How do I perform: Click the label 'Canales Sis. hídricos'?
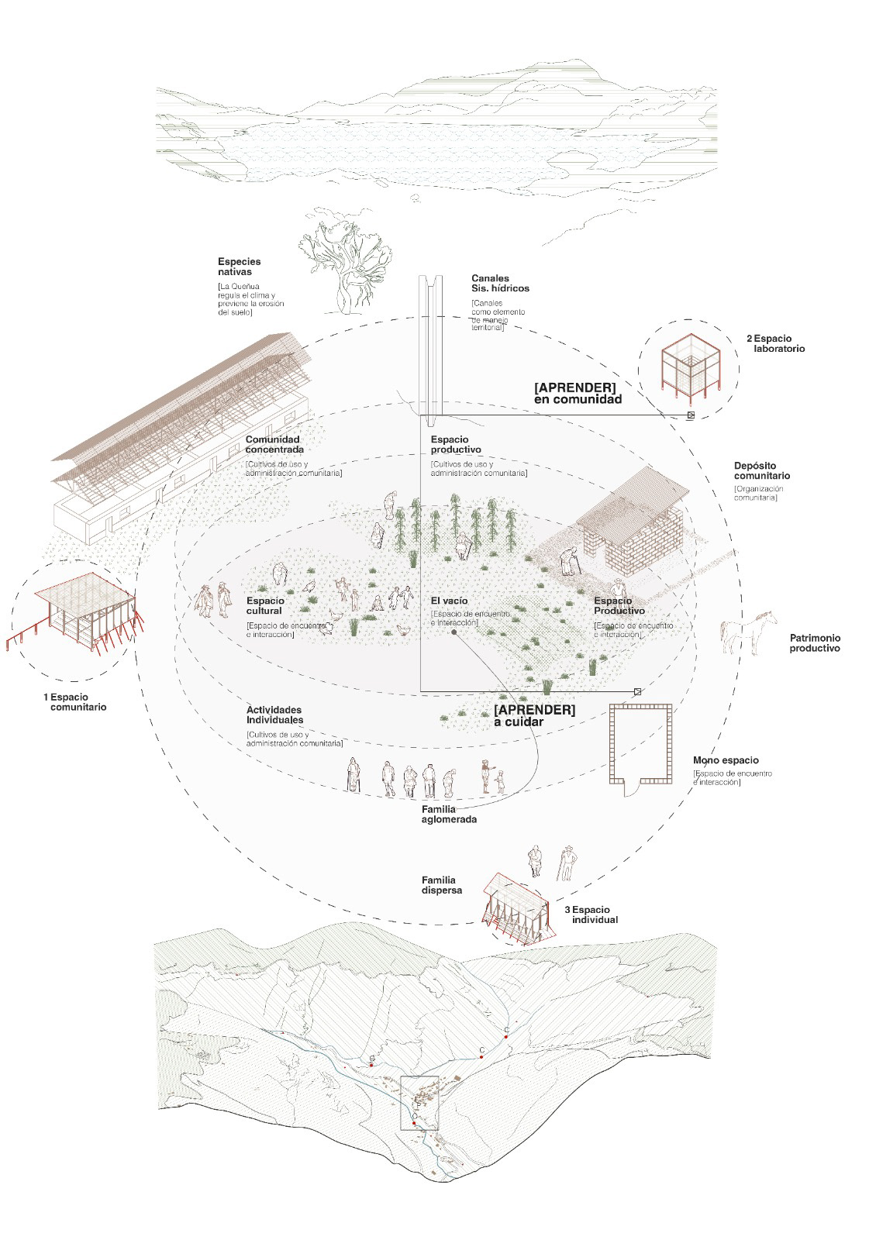[x=500, y=283]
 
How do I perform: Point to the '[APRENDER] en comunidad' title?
[x=578, y=393]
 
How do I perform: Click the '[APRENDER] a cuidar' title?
[x=534, y=715]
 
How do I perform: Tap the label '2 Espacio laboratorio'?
[x=775, y=343]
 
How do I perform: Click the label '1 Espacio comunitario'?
[x=74, y=701]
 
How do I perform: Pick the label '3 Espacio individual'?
[x=593, y=914]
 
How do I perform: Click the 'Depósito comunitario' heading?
[x=762, y=470]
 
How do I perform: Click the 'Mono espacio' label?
[x=726, y=760]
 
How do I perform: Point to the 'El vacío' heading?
[x=449, y=601]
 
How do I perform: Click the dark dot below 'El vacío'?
[x=454, y=632]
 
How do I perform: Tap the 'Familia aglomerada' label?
[x=449, y=814]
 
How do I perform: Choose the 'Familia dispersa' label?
[x=442, y=885]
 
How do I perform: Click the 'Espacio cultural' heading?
[x=265, y=605]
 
